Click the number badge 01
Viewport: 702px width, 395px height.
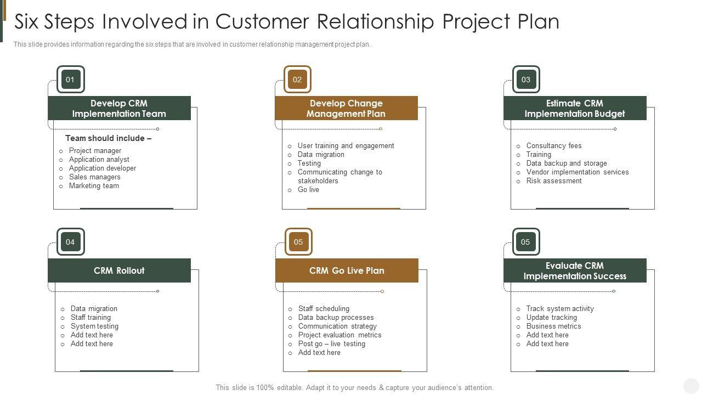70,80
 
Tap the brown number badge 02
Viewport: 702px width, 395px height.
297,80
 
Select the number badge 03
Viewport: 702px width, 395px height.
526,80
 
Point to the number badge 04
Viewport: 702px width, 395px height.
70,242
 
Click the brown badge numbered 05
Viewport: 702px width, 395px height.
298,242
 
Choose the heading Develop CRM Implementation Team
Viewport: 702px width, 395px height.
119,109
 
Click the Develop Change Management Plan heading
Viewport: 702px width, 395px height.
346,109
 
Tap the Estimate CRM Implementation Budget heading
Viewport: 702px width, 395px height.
575,109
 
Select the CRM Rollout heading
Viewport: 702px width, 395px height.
119,270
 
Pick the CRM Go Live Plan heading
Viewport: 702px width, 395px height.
347,270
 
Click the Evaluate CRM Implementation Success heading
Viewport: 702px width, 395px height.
575,270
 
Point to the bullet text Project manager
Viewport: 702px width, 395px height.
95,151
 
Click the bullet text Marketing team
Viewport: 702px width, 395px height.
94,186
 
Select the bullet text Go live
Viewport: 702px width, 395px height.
308,190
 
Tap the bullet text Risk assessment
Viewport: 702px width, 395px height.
554,181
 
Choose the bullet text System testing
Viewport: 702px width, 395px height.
94,326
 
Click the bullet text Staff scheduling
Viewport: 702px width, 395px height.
324,309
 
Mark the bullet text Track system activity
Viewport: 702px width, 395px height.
560,309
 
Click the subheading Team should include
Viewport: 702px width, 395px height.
108,138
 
